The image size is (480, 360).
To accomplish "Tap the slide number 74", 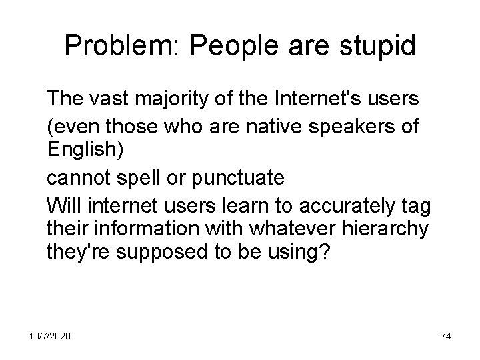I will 446,337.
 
